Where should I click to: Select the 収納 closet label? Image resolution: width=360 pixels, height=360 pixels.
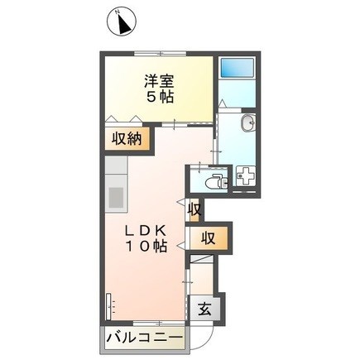[127, 139]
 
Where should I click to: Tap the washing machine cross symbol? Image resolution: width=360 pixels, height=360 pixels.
[245, 176]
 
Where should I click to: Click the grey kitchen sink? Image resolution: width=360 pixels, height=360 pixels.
[115, 198]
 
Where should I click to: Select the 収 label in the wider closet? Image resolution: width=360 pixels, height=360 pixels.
[209, 239]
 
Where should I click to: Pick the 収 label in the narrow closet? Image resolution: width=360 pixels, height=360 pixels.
[195, 209]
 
